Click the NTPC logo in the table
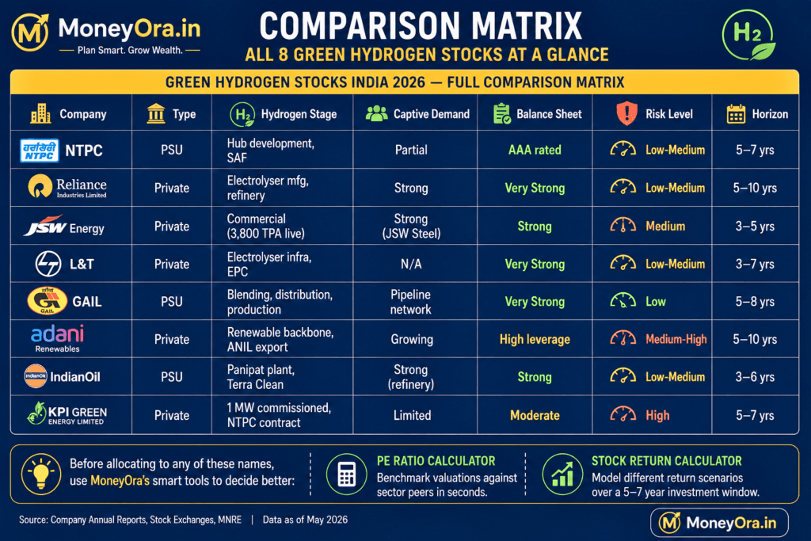[x=40, y=150]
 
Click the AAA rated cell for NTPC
[x=535, y=150]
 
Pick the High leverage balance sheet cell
[x=535, y=339]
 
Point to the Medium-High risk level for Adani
[x=676, y=339]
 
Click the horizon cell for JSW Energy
[x=755, y=226]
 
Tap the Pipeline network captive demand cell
[x=411, y=302]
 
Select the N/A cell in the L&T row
[x=411, y=265]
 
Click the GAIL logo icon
[x=47, y=301]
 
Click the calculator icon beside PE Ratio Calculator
[x=347, y=474]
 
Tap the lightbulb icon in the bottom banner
[x=41, y=474]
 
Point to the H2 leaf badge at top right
[x=748, y=35]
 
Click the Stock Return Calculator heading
[x=667, y=461]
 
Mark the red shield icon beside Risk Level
[x=627, y=113]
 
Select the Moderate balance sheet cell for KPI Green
[x=535, y=415]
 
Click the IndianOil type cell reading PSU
[x=172, y=377]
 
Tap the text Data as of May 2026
[x=305, y=520]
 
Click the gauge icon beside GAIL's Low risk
[x=623, y=300]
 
